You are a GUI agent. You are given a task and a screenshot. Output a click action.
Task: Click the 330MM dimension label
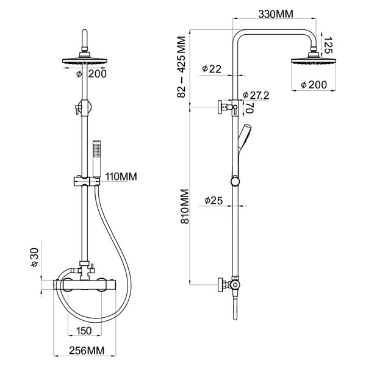(276, 14)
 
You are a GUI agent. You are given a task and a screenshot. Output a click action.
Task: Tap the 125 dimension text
(328, 45)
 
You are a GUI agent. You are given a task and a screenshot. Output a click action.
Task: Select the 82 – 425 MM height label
(181, 66)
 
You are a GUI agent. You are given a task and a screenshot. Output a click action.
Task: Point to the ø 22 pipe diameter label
(212, 69)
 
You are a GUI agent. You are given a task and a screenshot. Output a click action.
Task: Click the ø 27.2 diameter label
(256, 95)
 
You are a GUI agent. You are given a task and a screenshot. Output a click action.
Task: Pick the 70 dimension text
(249, 108)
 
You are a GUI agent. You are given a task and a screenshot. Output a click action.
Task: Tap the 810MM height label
(185, 207)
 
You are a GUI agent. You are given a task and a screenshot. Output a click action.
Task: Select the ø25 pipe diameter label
(213, 201)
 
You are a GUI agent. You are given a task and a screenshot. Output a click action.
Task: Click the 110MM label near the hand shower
(121, 177)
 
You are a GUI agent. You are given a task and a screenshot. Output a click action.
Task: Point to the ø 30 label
(35, 257)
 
